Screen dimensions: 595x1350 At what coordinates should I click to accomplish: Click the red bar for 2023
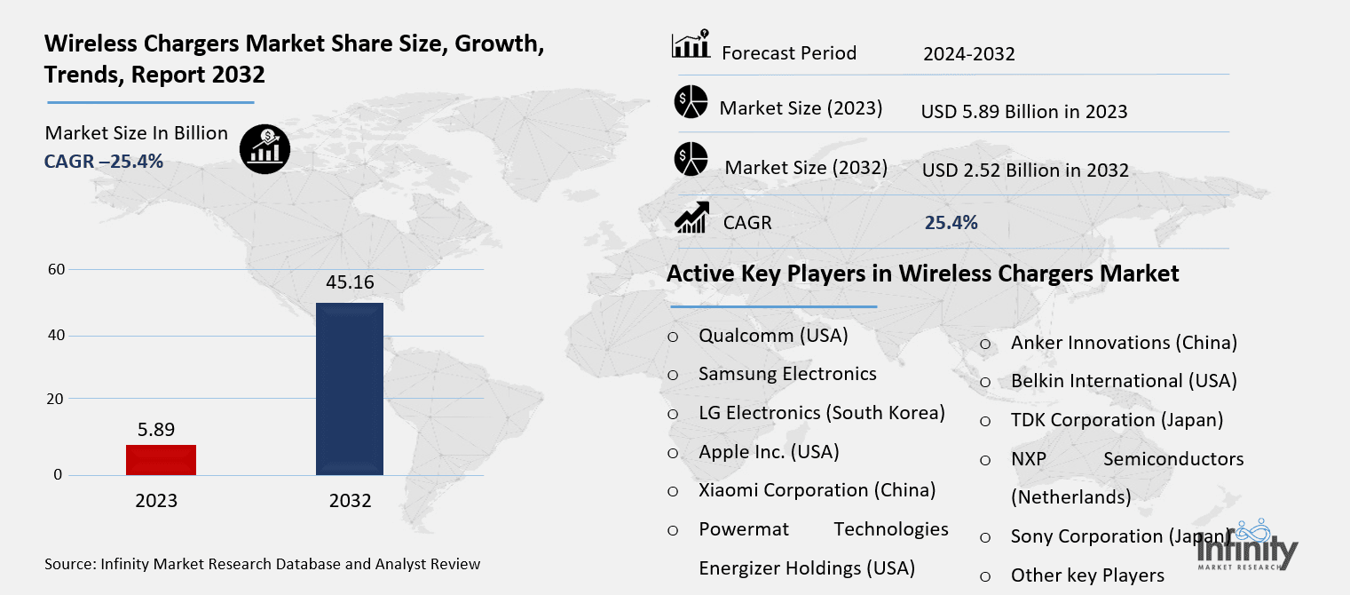click(x=161, y=460)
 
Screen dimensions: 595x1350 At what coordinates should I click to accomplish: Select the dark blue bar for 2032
click(x=350, y=389)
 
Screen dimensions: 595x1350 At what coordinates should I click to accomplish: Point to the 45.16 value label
click(x=350, y=283)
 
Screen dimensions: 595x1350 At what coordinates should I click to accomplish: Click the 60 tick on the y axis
click(x=55, y=269)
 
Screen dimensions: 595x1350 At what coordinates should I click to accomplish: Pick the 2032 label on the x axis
click(x=350, y=501)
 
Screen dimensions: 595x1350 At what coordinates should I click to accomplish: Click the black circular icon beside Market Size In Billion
click(x=264, y=147)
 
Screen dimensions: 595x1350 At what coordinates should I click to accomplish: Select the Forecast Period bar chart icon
click(x=691, y=45)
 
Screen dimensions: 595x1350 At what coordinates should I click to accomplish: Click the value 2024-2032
click(x=968, y=54)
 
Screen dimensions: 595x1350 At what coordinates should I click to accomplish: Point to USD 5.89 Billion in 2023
click(x=1024, y=112)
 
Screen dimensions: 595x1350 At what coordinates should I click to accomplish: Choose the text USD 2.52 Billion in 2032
click(x=1025, y=171)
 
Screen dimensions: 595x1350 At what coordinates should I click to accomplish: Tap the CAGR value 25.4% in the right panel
click(x=951, y=223)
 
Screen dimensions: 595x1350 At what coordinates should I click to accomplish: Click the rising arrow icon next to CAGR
click(x=691, y=218)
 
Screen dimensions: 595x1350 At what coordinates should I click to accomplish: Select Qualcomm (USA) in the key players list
click(x=773, y=336)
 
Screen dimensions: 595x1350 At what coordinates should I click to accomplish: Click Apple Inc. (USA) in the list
click(x=769, y=452)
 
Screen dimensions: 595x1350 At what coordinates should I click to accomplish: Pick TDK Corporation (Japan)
click(x=1117, y=420)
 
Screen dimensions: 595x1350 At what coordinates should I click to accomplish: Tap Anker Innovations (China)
click(x=1124, y=343)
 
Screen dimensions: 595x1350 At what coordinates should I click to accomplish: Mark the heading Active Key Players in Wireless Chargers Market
click(x=923, y=274)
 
